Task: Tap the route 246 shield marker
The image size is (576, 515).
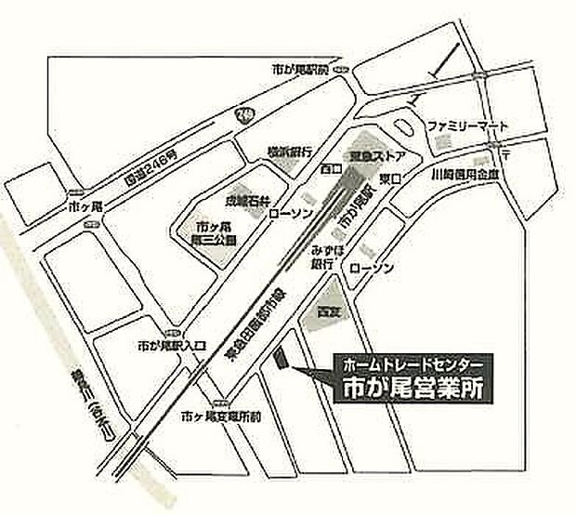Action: click(243, 114)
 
